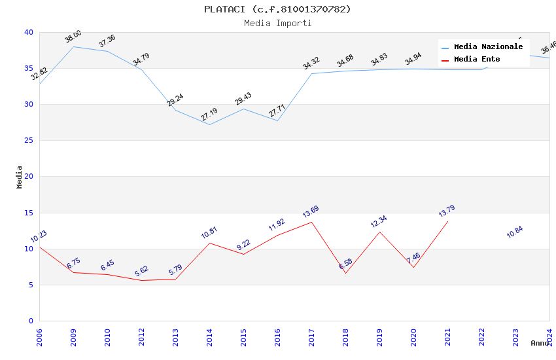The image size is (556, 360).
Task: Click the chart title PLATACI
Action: click(x=277, y=9)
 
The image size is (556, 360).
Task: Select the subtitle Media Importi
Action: click(x=277, y=23)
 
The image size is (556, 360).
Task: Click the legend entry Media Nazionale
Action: click(x=488, y=47)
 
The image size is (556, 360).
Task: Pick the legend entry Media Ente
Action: click(x=477, y=60)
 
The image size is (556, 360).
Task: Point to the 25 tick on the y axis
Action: click(x=28, y=141)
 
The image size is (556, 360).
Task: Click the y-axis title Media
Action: click(x=20, y=177)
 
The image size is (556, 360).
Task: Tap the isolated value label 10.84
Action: click(x=515, y=232)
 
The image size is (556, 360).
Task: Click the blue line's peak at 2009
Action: click(x=73, y=46)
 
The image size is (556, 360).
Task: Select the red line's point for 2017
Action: click(x=311, y=222)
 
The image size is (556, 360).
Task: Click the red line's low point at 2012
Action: click(x=141, y=280)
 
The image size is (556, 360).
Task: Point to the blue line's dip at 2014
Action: click(x=209, y=124)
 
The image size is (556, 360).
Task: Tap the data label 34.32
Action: click(x=311, y=63)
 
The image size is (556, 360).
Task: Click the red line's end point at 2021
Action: click(x=447, y=221)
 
